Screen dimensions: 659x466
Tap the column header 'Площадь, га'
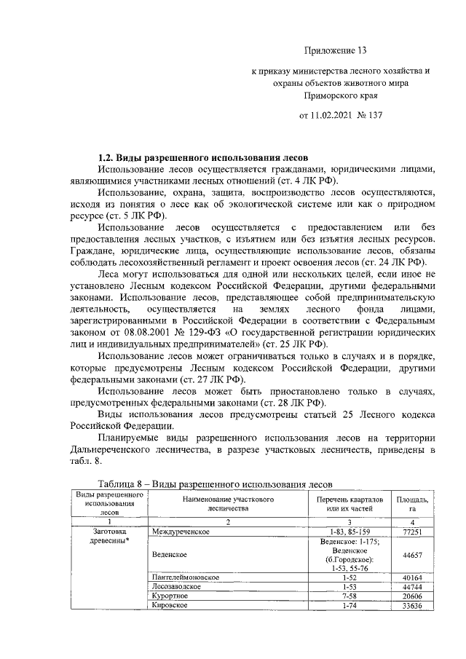(412, 505)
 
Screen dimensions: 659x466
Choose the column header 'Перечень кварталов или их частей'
(350, 505)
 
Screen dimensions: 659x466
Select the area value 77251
(412, 533)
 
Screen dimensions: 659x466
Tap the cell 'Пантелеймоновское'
(185, 577)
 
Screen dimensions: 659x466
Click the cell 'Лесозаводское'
(178, 586)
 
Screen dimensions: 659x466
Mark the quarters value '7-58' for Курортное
(350, 596)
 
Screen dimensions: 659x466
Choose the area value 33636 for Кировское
(412, 605)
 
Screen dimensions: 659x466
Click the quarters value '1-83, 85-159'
(350, 533)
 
